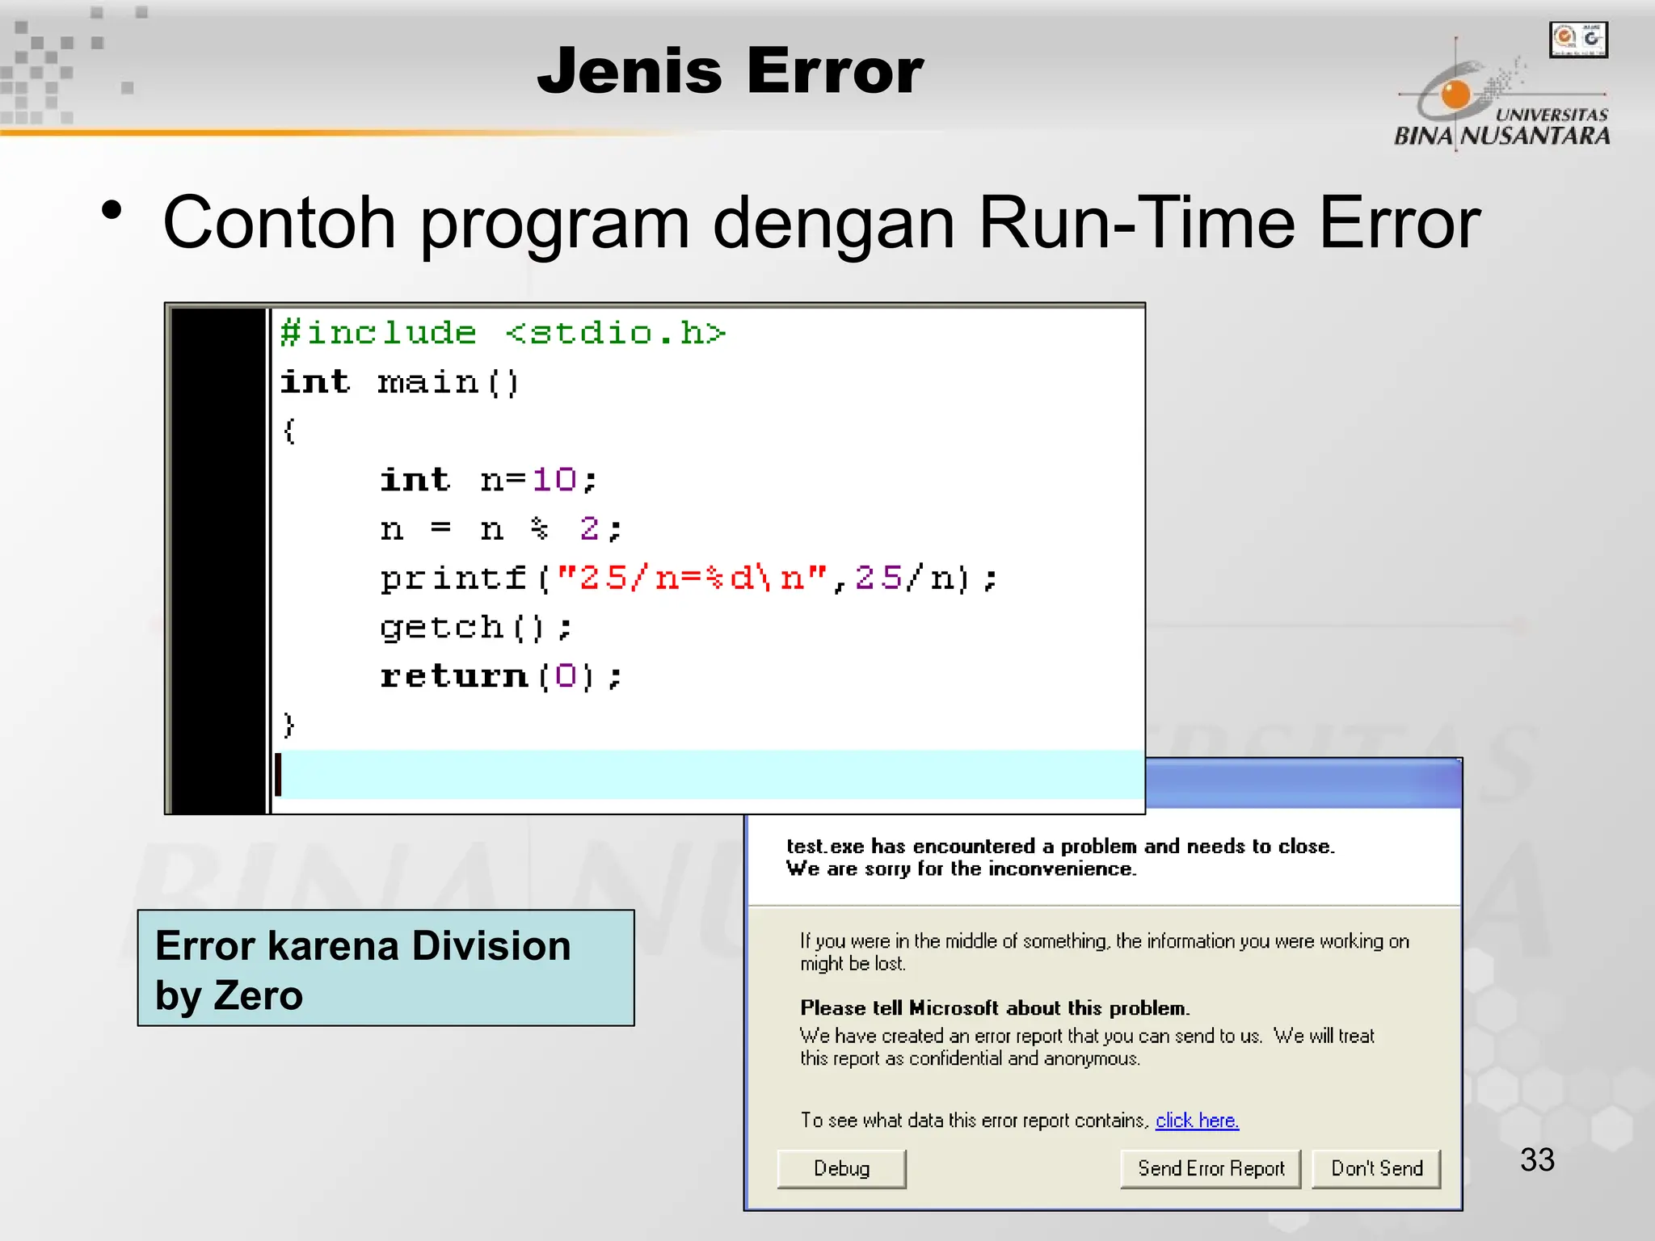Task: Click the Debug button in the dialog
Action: [841, 1169]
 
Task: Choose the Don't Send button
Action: [1376, 1169]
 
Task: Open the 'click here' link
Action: [1197, 1121]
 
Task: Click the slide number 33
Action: [1537, 1160]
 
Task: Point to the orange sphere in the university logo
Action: [1455, 94]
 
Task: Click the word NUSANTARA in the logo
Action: [1535, 136]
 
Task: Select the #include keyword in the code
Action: [378, 334]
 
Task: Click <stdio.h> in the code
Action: [616, 334]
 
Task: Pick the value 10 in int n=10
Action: [554, 480]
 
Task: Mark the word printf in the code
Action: [453, 578]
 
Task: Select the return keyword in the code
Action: [453, 676]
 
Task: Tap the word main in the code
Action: [428, 382]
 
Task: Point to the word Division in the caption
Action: [491, 945]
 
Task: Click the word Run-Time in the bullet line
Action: [1137, 222]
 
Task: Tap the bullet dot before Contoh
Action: [112, 212]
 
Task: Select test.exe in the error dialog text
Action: [824, 846]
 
